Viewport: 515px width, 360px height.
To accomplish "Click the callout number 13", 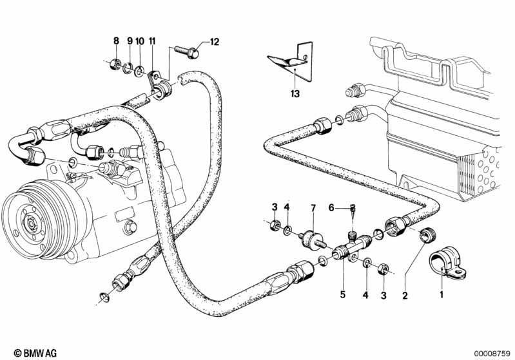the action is tap(295, 94).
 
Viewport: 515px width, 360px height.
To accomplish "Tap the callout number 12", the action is tap(214, 43).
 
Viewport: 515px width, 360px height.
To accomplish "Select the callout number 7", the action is tap(313, 208).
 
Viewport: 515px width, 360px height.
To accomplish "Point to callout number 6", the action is tap(331, 208).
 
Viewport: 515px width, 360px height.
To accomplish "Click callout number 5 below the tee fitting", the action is tap(342, 294).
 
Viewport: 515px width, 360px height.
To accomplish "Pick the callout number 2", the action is tap(405, 296).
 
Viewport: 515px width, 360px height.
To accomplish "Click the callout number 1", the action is tap(442, 294).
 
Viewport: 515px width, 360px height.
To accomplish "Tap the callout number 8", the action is tap(116, 41).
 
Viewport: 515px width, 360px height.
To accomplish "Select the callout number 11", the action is tap(151, 41).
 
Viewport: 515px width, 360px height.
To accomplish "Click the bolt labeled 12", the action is tap(186, 52).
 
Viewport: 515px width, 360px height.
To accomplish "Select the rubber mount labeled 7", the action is tap(313, 240).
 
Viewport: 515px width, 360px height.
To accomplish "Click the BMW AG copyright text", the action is tap(35, 353).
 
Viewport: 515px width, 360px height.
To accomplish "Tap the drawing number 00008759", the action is tap(492, 354).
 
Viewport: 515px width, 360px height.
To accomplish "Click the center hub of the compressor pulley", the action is tap(31, 223).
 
